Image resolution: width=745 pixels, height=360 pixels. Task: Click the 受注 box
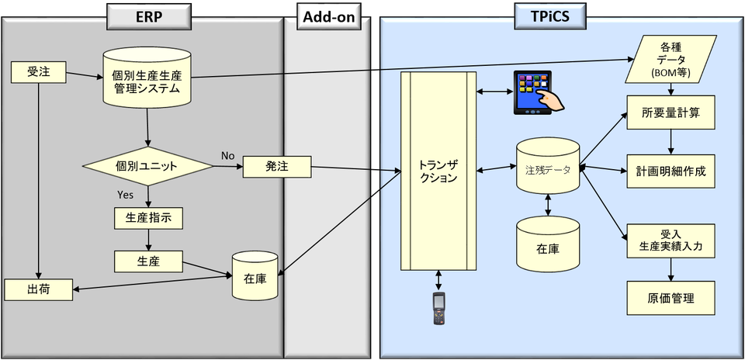[38, 74]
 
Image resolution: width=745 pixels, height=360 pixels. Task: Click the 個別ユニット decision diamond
[147, 166]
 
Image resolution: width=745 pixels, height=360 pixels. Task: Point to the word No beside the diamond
[227, 155]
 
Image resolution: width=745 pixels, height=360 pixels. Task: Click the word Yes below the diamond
[125, 194]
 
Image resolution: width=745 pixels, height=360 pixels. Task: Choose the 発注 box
[277, 166]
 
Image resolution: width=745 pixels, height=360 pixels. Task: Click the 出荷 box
[38, 289]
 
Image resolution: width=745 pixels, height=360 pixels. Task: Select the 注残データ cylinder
[548, 167]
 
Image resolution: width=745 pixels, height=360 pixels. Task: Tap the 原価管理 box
[670, 298]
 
